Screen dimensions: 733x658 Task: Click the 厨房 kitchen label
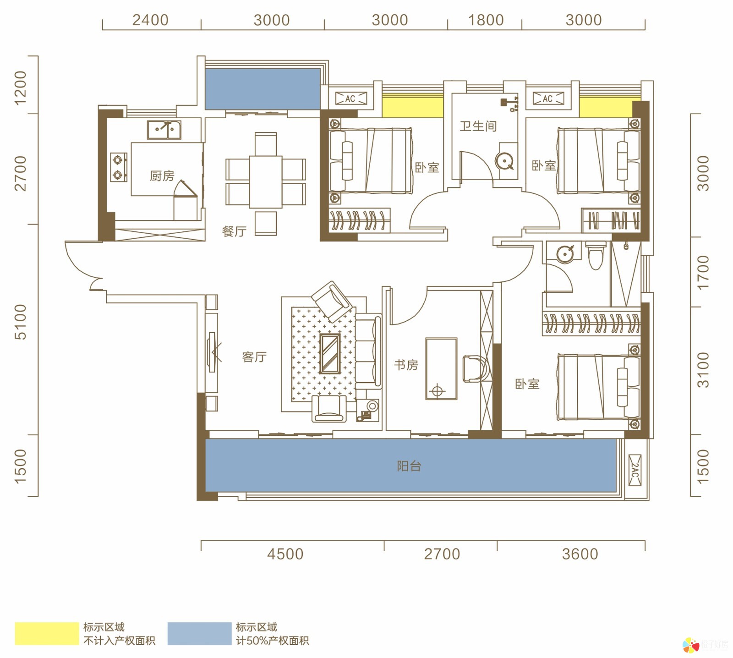pyautogui.click(x=162, y=176)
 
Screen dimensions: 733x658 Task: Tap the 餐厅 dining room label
pyautogui.click(x=234, y=231)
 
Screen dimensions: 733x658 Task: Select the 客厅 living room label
pyautogui.click(x=254, y=357)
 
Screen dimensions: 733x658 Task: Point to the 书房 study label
pyautogui.click(x=406, y=365)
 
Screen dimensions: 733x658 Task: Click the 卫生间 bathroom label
pyautogui.click(x=478, y=126)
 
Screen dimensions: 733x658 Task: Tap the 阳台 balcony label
pyautogui.click(x=409, y=466)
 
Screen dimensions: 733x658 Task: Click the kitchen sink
pyautogui.click(x=164, y=130)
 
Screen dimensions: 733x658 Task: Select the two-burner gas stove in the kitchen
pyautogui.click(x=119, y=167)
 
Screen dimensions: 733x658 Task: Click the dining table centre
pyautogui.click(x=266, y=182)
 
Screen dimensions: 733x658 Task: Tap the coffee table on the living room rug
pyautogui.click(x=330, y=353)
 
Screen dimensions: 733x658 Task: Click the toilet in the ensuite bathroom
pyautogui.click(x=596, y=256)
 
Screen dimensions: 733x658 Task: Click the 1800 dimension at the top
pyautogui.click(x=486, y=20)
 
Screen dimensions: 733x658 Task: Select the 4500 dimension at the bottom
pyautogui.click(x=285, y=554)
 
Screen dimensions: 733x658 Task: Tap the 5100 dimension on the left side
pyautogui.click(x=21, y=322)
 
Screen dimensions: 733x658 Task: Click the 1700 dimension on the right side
pyautogui.click(x=703, y=272)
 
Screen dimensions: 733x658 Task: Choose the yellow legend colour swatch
pyautogui.click(x=47, y=634)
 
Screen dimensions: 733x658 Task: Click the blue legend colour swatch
pyautogui.click(x=199, y=634)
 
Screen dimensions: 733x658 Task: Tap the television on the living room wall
pyautogui.click(x=212, y=352)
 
